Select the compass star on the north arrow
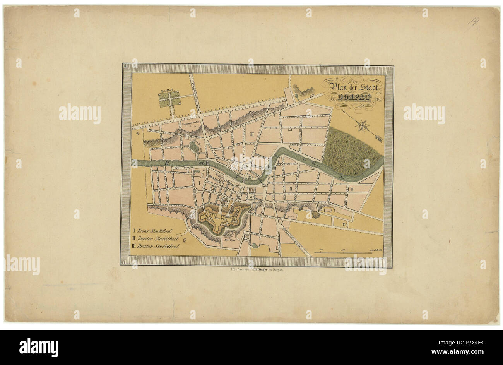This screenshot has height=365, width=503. click(x=363, y=125)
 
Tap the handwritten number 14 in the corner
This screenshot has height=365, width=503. click(x=473, y=20)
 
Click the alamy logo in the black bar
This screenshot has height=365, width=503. click(x=39, y=347)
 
